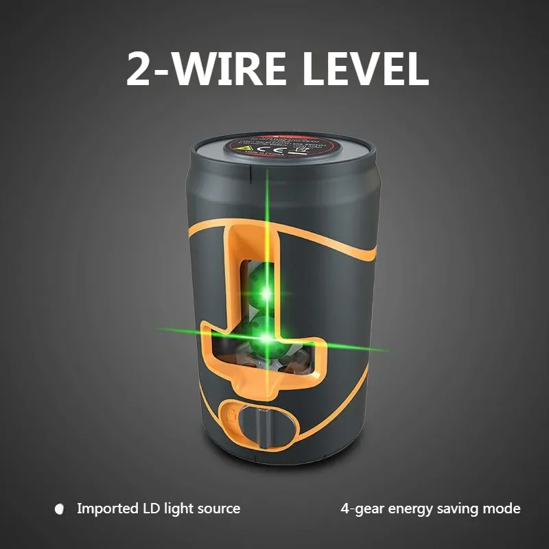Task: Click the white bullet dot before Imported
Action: pos(59,509)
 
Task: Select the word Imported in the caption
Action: pos(106,509)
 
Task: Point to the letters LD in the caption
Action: pos(152,509)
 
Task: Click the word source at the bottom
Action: pos(219,509)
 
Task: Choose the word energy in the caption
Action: pos(408,509)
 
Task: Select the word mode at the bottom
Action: pos(503,509)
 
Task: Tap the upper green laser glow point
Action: pos(266,294)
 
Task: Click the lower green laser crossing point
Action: pos(266,337)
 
